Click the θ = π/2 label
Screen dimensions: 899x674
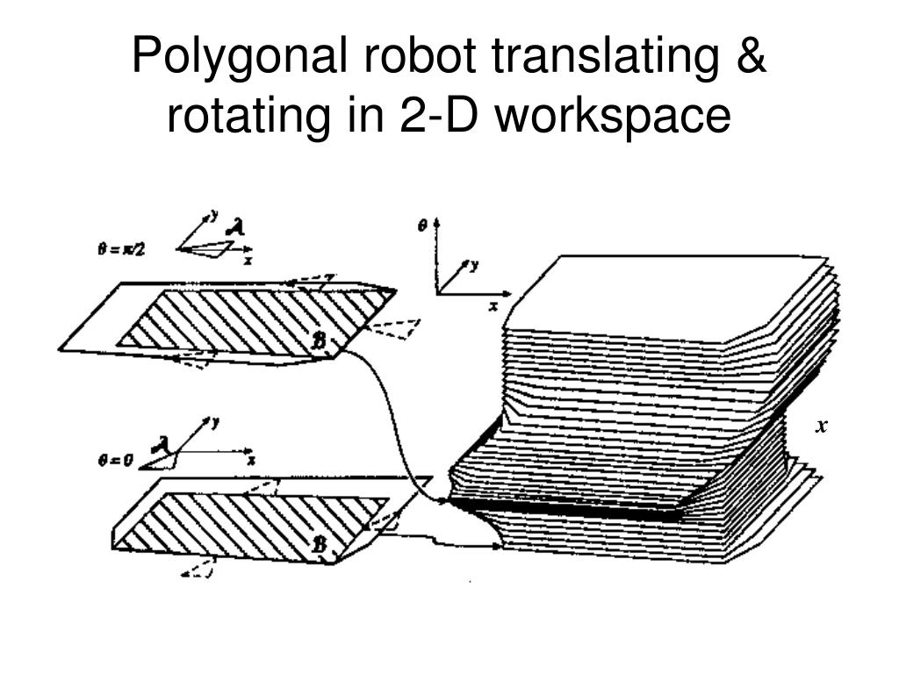[120, 249]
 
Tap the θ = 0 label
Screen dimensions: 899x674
[115, 459]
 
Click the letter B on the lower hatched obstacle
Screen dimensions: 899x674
[320, 546]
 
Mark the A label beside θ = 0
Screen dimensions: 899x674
[160, 445]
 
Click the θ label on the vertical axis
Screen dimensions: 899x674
[422, 226]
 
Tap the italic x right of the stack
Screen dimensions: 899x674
[822, 427]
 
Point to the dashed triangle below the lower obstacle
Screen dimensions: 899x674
[200, 569]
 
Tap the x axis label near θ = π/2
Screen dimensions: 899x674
[248, 261]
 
